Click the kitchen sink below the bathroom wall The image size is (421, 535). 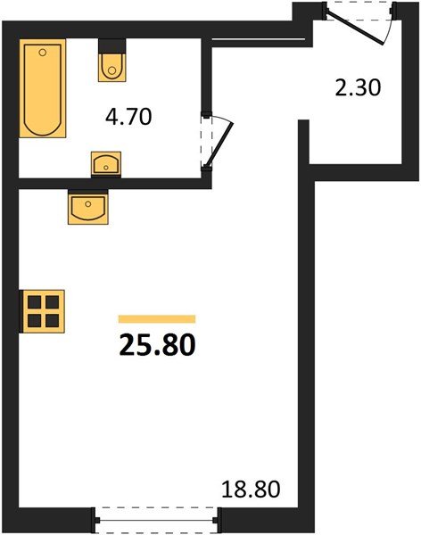tap(87, 207)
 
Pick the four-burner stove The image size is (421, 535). tap(41, 310)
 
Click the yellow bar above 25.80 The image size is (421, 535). tap(157, 317)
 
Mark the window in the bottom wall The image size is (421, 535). tap(157, 516)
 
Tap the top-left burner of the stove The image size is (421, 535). tap(34, 302)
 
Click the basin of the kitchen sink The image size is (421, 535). tap(87, 210)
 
